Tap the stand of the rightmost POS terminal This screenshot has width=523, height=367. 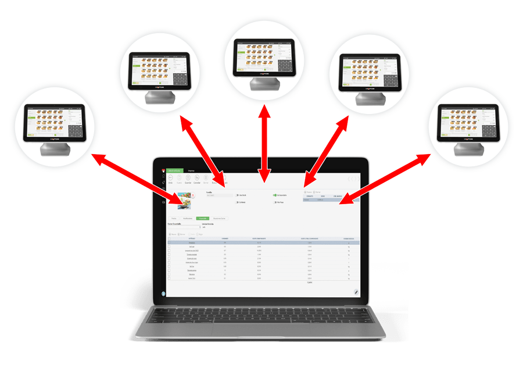tap(468, 149)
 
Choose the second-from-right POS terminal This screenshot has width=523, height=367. tap(370, 71)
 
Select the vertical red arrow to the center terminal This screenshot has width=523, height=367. tap(264, 140)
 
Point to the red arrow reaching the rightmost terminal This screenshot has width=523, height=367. tap(386, 179)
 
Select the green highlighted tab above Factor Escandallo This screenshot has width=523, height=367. tap(203, 218)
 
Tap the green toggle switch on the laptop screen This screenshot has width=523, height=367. tap(274, 195)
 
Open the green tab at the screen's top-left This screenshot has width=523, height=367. tap(175, 170)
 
